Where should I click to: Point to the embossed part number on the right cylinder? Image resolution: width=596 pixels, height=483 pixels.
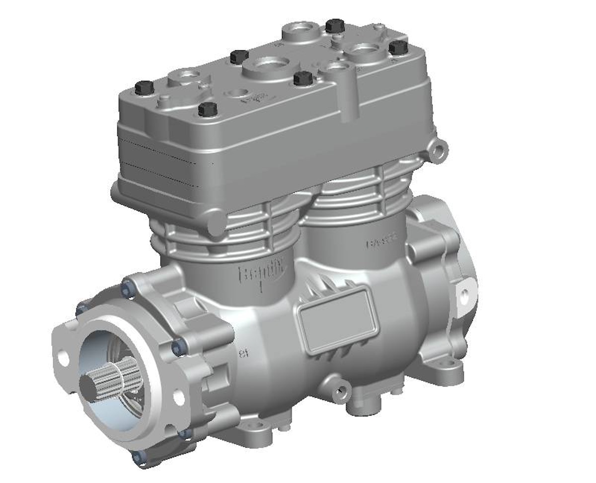382,243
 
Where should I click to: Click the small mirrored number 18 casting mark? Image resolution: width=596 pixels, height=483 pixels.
243,354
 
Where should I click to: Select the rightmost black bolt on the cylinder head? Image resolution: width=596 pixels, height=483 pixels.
398,48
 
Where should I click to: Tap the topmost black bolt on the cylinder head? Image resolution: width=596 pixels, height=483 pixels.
335,25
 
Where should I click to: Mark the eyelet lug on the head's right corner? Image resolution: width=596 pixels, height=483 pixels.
438,149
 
